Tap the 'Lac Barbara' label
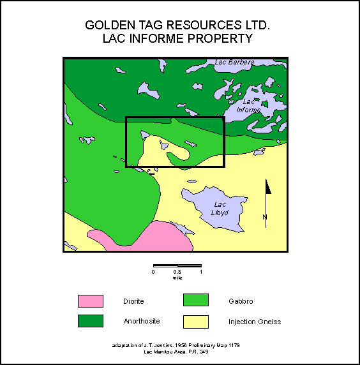234,63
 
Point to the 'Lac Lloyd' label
221,208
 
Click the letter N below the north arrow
265,218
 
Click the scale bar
177,265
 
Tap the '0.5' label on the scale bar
177,272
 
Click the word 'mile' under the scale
177,278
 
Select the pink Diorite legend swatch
90,301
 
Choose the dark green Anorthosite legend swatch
90,321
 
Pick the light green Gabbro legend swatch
196,301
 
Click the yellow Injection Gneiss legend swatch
196,321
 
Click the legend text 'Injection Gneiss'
255,322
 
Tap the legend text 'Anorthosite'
141,321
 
